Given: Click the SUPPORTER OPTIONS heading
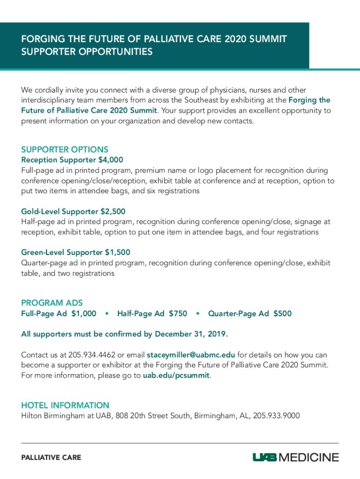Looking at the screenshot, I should [x=65, y=150].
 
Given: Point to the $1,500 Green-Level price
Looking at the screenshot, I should [x=117, y=253].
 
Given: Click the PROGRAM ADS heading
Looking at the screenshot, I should [x=52, y=303].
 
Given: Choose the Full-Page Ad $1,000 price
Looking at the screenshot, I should [x=84, y=313].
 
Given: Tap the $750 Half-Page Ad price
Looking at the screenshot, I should [x=178, y=313].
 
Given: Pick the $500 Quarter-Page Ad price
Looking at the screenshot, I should [x=282, y=313].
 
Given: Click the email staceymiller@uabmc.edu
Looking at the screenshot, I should [x=191, y=354].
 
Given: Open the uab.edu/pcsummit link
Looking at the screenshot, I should [x=176, y=375].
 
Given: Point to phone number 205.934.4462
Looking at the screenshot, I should [x=93, y=354].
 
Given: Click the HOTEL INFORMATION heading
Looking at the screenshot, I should [x=65, y=405].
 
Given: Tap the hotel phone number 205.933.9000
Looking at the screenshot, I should [x=276, y=415].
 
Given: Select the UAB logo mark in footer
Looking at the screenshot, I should [x=265, y=457].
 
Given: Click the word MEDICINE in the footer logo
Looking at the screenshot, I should [x=309, y=457].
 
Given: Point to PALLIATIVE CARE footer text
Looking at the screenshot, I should [x=51, y=457].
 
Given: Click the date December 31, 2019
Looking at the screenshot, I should [x=191, y=334].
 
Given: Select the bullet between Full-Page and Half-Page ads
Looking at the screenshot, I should [x=107, y=313].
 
